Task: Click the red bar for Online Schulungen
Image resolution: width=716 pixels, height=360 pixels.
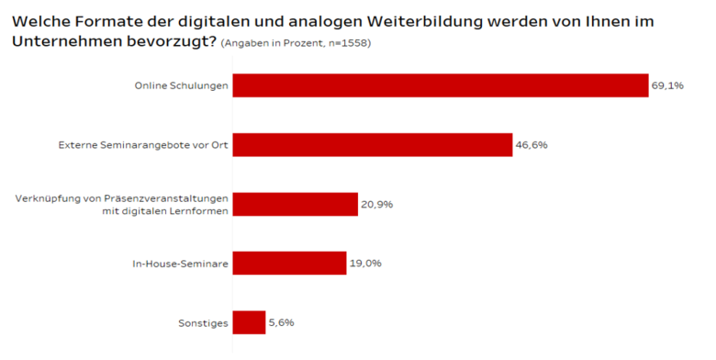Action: [441, 85]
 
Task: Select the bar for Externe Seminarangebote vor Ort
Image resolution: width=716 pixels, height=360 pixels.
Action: [372, 145]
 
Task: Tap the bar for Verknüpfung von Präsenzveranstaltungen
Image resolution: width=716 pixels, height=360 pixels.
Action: [295, 204]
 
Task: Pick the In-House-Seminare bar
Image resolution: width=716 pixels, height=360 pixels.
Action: [289, 264]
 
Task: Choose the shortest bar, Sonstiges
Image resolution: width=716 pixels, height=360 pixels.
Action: [249, 322]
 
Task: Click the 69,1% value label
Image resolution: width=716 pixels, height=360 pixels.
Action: [667, 85]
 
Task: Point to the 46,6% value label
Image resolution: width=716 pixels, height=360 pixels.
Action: [531, 145]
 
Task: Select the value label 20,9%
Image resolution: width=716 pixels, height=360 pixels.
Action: [376, 204]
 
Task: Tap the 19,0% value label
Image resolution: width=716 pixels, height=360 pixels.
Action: [364, 264]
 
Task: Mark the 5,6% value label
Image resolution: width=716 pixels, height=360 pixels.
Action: [281, 322]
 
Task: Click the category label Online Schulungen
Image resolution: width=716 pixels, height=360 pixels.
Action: [181, 85]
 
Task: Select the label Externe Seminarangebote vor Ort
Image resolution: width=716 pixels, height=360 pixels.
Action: [142, 145]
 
